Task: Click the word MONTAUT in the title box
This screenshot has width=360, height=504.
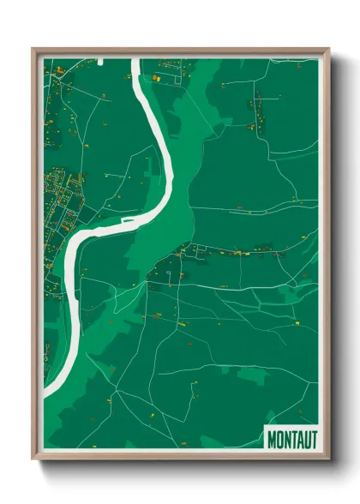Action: tap(291, 439)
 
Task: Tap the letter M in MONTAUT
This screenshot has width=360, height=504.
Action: tap(272, 439)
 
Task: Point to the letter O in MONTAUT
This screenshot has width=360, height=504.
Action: tap(279, 439)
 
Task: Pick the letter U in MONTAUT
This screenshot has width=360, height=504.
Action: tap(306, 439)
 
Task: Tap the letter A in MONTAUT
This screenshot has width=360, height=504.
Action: tap(299, 439)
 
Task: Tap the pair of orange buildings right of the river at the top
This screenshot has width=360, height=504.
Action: tap(157, 78)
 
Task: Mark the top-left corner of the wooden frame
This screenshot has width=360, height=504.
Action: tap(33, 49)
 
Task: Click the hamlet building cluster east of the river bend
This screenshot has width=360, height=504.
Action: tap(184, 254)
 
